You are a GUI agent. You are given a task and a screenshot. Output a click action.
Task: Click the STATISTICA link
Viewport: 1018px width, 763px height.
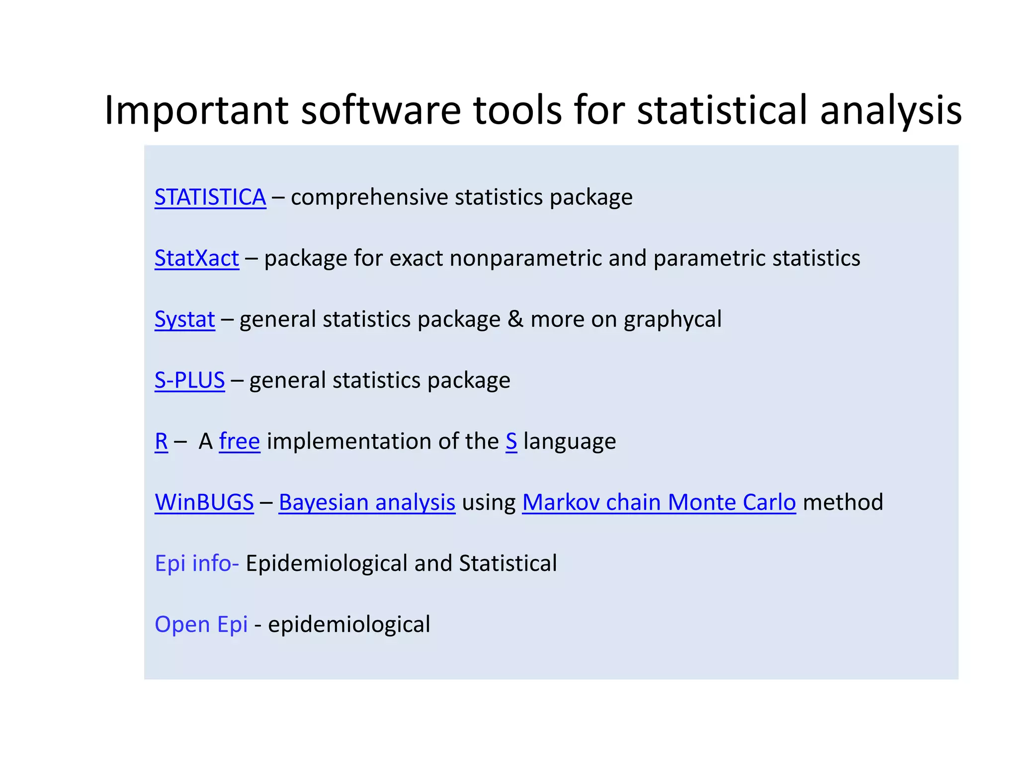tap(210, 197)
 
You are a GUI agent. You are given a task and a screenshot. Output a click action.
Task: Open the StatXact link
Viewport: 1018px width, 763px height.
tap(197, 258)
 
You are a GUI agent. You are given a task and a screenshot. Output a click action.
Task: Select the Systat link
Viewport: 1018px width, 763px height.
tap(185, 319)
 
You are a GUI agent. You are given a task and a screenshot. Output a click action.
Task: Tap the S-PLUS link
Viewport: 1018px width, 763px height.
tap(189, 381)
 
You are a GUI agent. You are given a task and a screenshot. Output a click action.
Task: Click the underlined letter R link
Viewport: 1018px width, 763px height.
tap(161, 441)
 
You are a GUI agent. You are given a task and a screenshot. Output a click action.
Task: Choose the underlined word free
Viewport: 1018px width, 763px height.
tap(240, 441)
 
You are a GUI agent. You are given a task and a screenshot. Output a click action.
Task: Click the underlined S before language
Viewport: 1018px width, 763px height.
tap(511, 441)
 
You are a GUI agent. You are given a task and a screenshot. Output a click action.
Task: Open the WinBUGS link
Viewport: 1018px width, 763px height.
tap(204, 502)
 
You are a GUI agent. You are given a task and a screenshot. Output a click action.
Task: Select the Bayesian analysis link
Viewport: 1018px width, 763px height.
tap(367, 502)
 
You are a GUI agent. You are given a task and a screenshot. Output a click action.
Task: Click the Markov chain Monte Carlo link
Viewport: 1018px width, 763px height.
tap(659, 502)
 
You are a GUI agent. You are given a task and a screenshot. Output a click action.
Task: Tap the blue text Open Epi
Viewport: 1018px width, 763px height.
tap(201, 624)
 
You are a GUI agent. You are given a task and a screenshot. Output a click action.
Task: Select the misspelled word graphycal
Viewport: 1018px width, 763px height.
tap(673, 319)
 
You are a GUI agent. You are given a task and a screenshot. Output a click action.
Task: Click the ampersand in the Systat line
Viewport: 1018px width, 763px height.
tap(515, 319)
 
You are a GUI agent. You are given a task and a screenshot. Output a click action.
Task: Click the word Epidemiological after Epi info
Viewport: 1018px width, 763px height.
tap(327, 563)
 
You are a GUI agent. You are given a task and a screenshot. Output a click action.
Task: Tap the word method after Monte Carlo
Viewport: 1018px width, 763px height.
tap(843, 502)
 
